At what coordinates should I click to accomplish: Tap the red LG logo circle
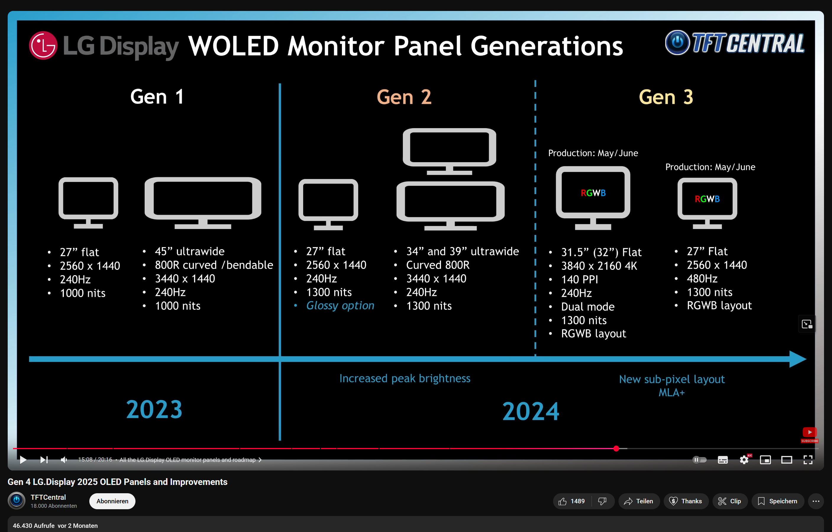pos(43,45)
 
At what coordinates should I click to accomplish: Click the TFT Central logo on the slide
pos(735,43)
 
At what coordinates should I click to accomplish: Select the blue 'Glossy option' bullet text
pos(340,306)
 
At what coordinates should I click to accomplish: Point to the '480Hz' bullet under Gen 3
pos(702,279)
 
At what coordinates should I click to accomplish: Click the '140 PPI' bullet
pos(579,279)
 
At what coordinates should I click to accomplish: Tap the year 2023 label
pos(154,410)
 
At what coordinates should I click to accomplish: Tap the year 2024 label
pos(530,411)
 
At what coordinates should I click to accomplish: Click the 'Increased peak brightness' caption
pos(405,378)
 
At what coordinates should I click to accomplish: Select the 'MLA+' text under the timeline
pos(671,393)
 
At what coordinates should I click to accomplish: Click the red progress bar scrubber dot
pos(616,449)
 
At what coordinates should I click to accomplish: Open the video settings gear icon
pos(744,460)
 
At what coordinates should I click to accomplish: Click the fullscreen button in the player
pos(808,460)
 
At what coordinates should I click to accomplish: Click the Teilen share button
pos(639,501)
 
